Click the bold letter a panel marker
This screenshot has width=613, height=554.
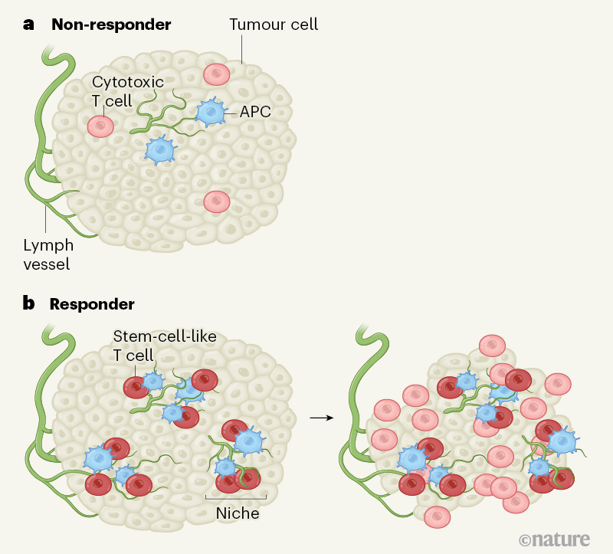click(x=29, y=24)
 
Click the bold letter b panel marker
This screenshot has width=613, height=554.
click(x=29, y=303)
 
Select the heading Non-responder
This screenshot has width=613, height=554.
click(x=111, y=24)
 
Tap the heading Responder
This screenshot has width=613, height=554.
click(x=92, y=303)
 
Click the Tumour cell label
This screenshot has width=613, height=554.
click(x=274, y=25)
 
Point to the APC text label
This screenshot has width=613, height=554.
click(x=255, y=112)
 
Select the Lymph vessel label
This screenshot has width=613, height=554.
click(x=48, y=255)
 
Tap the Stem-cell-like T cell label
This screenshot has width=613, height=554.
click(x=164, y=346)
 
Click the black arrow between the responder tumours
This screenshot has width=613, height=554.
click(x=320, y=418)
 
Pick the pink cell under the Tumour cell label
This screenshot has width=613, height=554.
click(x=217, y=74)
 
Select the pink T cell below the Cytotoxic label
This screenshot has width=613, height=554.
click(x=100, y=126)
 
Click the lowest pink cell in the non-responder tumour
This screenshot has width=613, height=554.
click(x=217, y=202)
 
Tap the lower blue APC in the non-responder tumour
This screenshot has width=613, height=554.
click(x=160, y=149)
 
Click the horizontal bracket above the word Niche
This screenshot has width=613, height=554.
click(x=236, y=497)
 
